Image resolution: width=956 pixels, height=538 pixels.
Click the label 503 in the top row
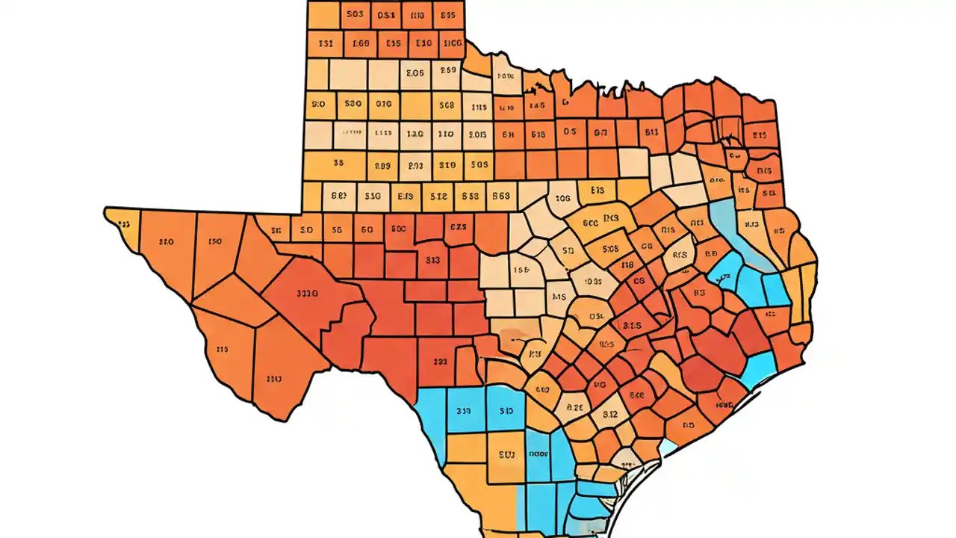click(x=356, y=14)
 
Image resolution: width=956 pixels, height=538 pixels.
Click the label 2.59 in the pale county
click(x=447, y=71)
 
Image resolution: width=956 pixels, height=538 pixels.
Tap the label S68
click(x=447, y=105)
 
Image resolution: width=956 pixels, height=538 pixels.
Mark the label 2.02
click(x=415, y=166)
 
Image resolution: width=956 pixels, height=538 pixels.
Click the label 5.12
click(x=439, y=197)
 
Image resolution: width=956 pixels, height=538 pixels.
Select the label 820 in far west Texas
click(x=167, y=241)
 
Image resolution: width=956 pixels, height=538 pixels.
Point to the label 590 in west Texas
click(x=215, y=241)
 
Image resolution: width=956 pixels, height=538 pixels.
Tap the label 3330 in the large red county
click(x=303, y=294)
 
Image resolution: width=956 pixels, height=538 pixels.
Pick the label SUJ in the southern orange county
click(x=506, y=453)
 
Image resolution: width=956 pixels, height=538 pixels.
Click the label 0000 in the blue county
click(x=538, y=453)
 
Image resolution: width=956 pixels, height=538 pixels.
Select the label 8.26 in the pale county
click(x=574, y=408)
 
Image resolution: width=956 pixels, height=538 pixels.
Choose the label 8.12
click(x=610, y=413)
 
